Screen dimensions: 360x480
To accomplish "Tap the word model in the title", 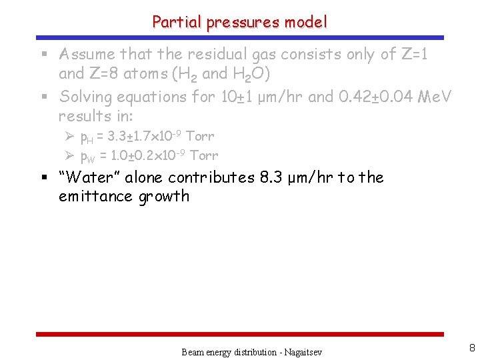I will [x=306, y=22].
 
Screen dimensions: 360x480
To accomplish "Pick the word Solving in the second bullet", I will [x=84, y=97].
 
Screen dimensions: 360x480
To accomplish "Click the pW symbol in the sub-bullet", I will [x=87, y=157].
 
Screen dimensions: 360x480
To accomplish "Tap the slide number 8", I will [x=471, y=347].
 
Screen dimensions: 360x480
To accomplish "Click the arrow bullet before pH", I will [x=69, y=137].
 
